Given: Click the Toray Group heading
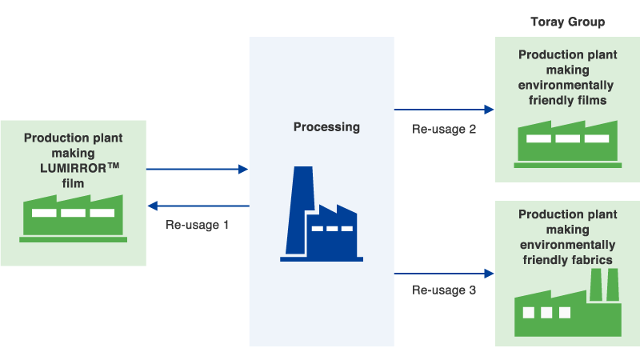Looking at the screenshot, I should tap(566, 22).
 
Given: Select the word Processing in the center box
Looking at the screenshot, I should tap(326, 126).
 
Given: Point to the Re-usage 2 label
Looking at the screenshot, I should tap(444, 128).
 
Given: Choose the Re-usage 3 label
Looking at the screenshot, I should tap(444, 290).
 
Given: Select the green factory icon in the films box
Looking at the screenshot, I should tap(567, 142).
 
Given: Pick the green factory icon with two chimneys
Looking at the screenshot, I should tap(567, 304).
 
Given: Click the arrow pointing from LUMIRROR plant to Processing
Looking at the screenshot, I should tap(198, 169).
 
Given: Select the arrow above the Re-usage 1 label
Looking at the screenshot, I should tap(198, 206).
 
